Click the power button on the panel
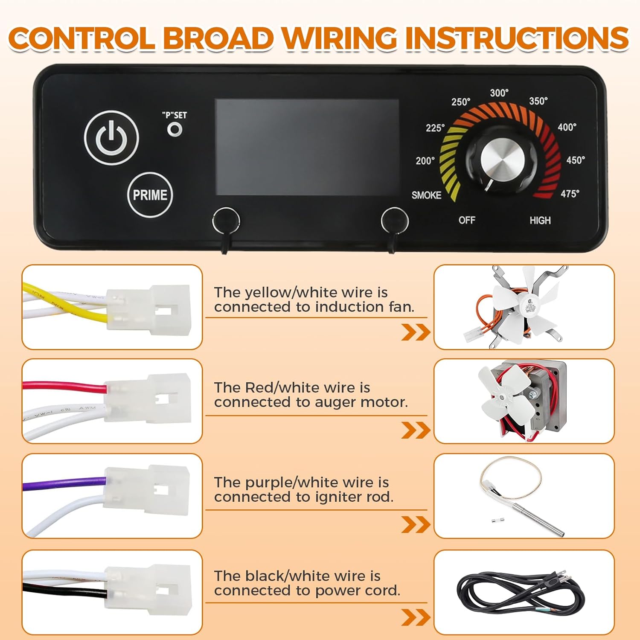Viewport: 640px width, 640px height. pyautogui.click(x=111, y=138)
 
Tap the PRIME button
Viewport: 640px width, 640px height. pyautogui.click(x=150, y=195)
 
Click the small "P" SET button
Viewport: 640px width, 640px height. pyautogui.click(x=175, y=129)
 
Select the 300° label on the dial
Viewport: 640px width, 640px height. pyautogui.click(x=499, y=93)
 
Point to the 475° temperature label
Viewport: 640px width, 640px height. pyautogui.click(x=570, y=194)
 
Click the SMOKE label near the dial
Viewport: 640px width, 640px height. pyautogui.click(x=426, y=195)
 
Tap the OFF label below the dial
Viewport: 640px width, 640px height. pyautogui.click(x=467, y=220)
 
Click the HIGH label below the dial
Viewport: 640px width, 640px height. pyautogui.click(x=540, y=220)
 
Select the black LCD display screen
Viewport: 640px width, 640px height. pyautogui.click(x=307, y=147)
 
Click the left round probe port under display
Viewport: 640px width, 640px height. pyautogui.click(x=226, y=221)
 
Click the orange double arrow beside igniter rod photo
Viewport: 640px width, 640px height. pyautogui.click(x=415, y=524)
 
